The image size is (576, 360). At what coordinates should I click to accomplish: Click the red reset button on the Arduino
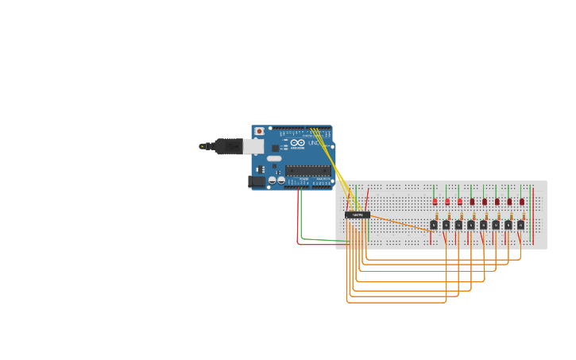(x=259, y=131)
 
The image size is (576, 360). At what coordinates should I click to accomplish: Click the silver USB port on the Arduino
(x=253, y=146)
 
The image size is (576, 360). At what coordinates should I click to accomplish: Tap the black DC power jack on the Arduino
(x=256, y=181)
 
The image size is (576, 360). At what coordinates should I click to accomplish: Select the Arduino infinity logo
(x=297, y=142)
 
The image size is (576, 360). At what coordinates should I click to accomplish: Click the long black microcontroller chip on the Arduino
(x=307, y=169)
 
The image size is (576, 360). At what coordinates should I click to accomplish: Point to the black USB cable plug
(x=227, y=146)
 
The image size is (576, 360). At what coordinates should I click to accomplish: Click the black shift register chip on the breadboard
(x=358, y=215)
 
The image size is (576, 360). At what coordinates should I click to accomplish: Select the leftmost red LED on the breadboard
(x=435, y=201)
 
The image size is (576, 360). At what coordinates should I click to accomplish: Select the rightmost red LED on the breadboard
(x=522, y=201)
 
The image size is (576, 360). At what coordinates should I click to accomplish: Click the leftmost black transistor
(x=434, y=225)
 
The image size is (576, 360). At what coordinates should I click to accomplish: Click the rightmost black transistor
(x=521, y=225)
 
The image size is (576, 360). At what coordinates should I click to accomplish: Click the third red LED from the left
(x=459, y=201)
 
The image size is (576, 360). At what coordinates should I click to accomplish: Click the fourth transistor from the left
(x=471, y=225)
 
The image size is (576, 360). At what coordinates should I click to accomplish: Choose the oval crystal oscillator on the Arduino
(x=274, y=158)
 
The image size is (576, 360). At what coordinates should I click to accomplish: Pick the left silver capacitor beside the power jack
(x=272, y=180)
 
